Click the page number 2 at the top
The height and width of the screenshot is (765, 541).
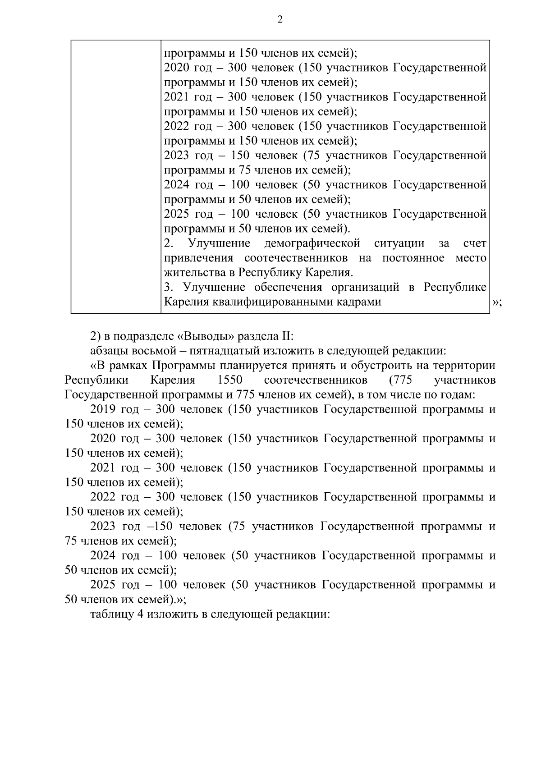(280, 19)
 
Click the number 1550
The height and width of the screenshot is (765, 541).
(229, 380)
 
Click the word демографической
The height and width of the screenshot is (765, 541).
(312, 243)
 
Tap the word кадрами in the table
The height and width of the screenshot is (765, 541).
(359, 302)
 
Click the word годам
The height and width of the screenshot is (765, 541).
(458, 395)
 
